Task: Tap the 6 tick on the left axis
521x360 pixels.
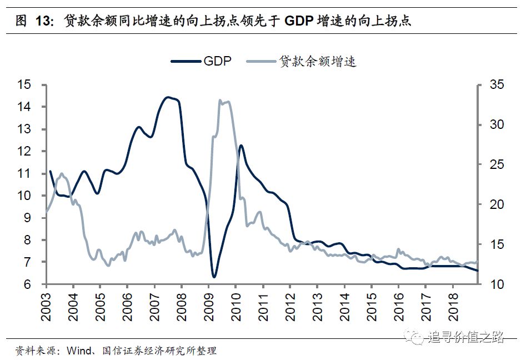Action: click(x=26, y=284)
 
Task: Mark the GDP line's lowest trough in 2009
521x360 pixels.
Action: click(x=214, y=276)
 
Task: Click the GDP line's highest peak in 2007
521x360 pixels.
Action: click(x=167, y=97)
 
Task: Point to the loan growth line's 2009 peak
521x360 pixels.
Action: click(x=221, y=101)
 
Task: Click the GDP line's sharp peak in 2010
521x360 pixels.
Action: click(x=241, y=146)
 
